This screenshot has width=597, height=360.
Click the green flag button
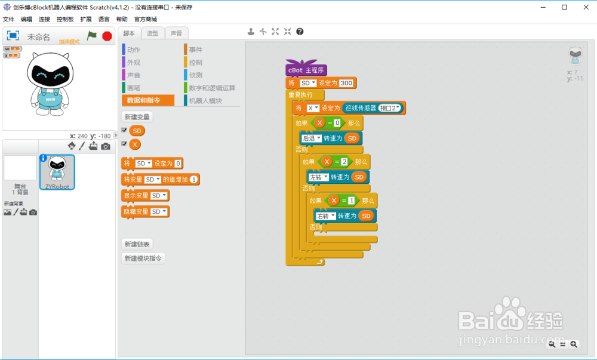[x=92, y=36]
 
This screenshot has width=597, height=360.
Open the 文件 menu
[x=8, y=19]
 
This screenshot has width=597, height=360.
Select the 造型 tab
[x=153, y=33]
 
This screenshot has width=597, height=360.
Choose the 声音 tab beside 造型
[x=176, y=33]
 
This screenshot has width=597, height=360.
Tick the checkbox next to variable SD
[x=124, y=130]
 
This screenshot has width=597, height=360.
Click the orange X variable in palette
[x=135, y=144]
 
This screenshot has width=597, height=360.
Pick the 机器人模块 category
[x=205, y=101]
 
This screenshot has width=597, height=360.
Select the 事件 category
[x=195, y=50]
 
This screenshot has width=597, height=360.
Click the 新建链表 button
[x=136, y=244]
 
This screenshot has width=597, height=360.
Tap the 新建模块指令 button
[x=143, y=259]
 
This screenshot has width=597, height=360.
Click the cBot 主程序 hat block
[x=306, y=70]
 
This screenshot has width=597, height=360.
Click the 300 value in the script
[x=346, y=83]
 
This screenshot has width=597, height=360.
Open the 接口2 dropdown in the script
[x=390, y=108]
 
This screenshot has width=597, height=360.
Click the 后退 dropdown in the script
[x=312, y=138]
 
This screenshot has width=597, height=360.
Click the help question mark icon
[x=300, y=32]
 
